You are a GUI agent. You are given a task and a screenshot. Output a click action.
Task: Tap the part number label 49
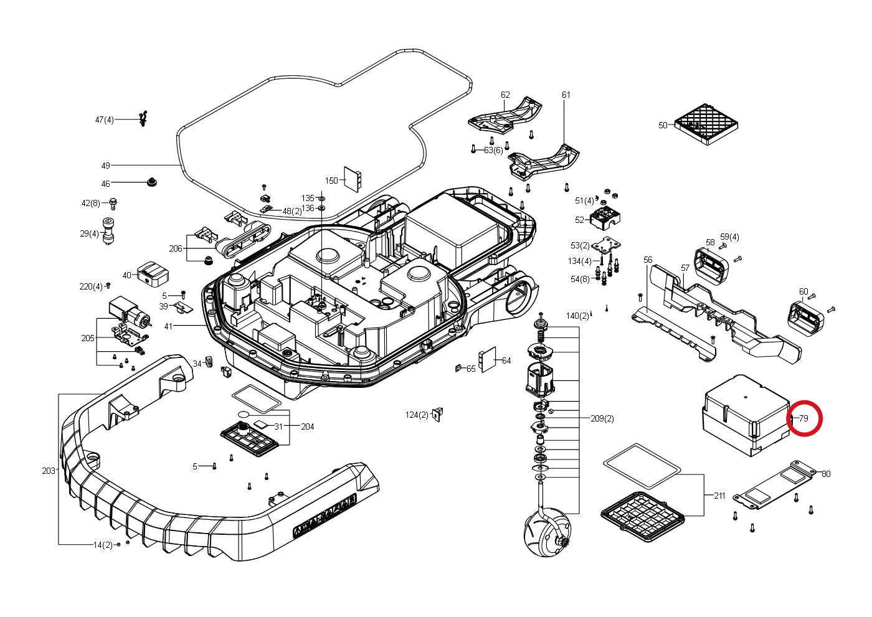click(x=105, y=166)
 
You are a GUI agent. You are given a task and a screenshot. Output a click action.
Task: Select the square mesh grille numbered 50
click(x=706, y=124)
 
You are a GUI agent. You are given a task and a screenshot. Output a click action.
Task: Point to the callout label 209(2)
click(x=602, y=418)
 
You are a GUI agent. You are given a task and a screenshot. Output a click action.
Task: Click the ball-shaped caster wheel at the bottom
click(x=547, y=534)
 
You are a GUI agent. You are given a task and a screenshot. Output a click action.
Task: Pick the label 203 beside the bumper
click(x=49, y=471)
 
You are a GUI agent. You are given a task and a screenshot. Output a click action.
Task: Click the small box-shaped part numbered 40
click(x=153, y=275)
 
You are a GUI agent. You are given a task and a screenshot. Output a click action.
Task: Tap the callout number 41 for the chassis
click(x=168, y=326)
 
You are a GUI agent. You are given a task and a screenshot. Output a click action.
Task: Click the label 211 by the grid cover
click(x=719, y=496)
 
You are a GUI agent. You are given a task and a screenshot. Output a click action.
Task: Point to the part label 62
click(x=505, y=95)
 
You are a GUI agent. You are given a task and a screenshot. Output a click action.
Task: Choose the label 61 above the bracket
click(x=566, y=95)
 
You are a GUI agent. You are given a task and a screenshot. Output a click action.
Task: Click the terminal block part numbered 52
click(x=605, y=219)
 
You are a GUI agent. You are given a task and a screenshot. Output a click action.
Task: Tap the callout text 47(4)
click(x=105, y=120)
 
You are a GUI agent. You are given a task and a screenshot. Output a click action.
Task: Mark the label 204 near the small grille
click(x=308, y=426)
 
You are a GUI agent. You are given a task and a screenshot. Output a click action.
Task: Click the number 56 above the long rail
click(x=648, y=260)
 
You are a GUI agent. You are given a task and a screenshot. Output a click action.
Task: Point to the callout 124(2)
click(x=417, y=415)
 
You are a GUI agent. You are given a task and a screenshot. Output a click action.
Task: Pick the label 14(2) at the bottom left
click(x=103, y=545)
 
